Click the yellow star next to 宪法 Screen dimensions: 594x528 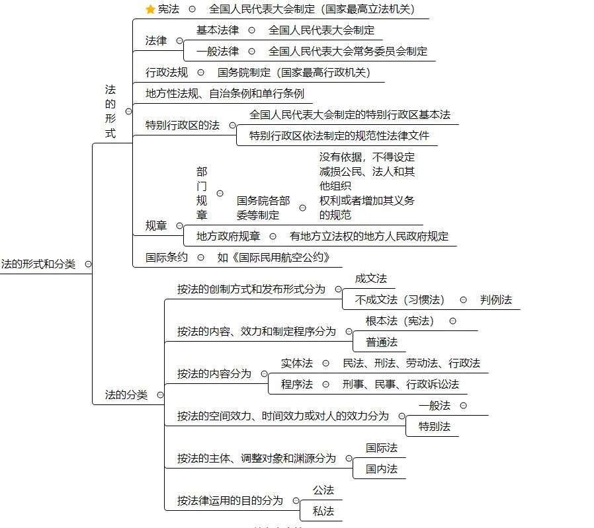pyautogui.click(x=150, y=9)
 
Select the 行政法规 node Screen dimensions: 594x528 pyautogui.click(x=167, y=73)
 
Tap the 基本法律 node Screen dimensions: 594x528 pyautogui.click(x=218, y=30)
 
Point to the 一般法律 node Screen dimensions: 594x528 pyautogui.click(x=218, y=52)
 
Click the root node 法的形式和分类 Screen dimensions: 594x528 pyautogui.click(x=38, y=264)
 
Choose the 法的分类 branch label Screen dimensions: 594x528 pyautogui.click(x=126, y=395)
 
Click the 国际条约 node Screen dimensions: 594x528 pyautogui.click(x=167, y=258)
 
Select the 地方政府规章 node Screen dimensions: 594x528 pyautogui.click(x=228, y=237)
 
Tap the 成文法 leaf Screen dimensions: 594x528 pyautogui.click(x=371, y=279)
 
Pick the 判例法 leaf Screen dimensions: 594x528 pyautogui.click(x=496, y=300)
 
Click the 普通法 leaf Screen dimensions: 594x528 pyautogui.click(x=382, y=342)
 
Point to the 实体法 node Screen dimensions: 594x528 pyautogui.click(x=297, y=363)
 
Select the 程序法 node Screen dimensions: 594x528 pyautogui.click(x=297, y=385)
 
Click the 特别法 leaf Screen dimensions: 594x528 pyautogui.click(x=435, y=427)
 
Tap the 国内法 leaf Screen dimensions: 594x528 pyautogui.click(x=382, y=469)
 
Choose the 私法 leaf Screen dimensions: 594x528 pyautogui.click(x=323, y=511)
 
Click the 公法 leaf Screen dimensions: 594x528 pyautogui.click(x=323, y=490)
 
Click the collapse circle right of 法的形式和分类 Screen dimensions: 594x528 pyautogui.click(x=88, y=264)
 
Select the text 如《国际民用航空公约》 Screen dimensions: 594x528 pyautogui.click(x=274, y=258)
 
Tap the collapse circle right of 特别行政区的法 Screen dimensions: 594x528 pyautogui.click(x=232, y=126)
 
